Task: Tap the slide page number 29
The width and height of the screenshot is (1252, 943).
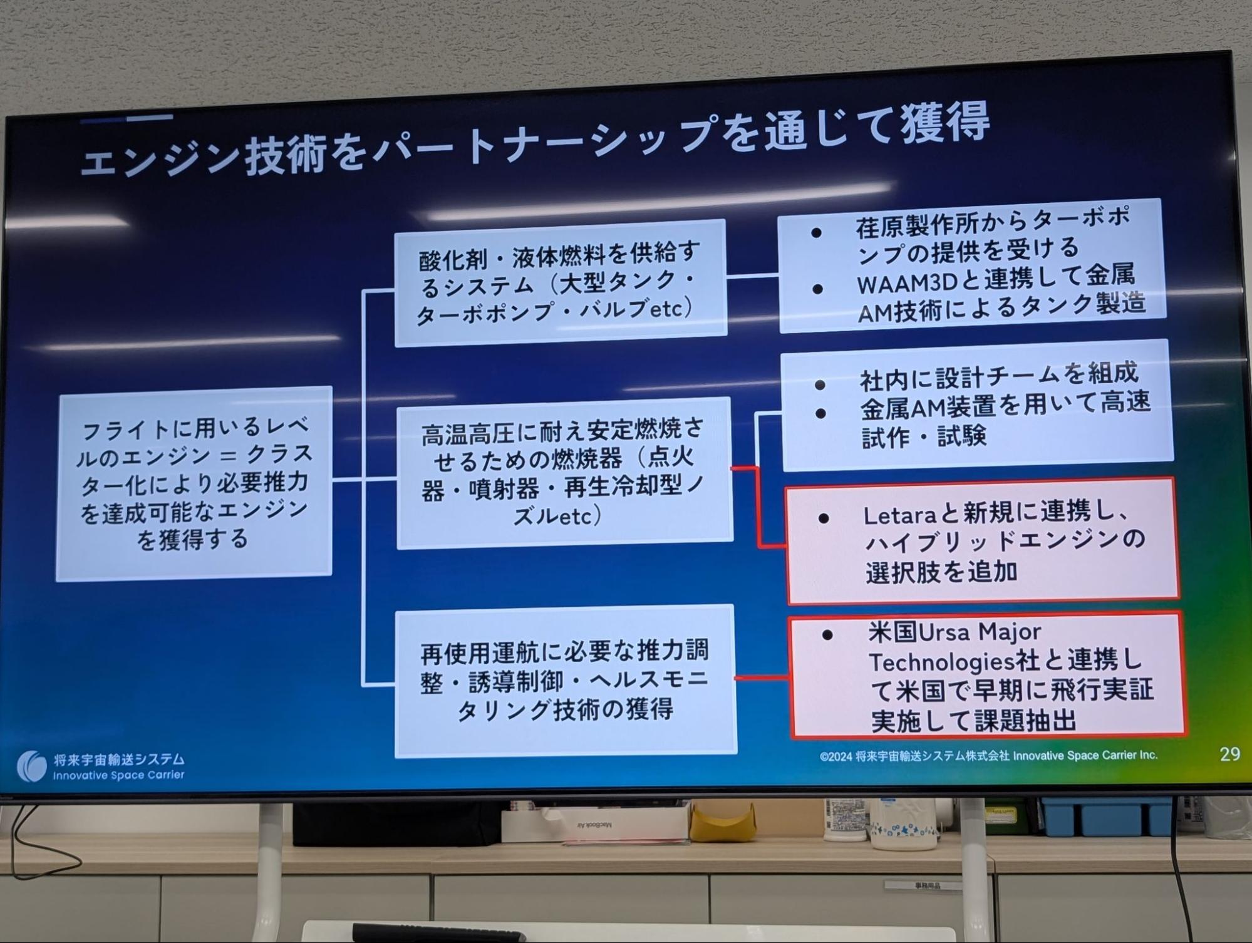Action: click(x=1230, y=754)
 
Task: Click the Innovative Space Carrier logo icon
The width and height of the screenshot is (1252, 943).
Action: click(x=31, y=766)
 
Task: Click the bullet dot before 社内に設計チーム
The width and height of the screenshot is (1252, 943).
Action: click(x=820, y=384)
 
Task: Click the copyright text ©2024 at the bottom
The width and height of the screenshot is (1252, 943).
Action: click(x=836, y=756)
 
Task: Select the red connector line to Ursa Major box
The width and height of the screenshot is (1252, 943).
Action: click(x=762, y=678)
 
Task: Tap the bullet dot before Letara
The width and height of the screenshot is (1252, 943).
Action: click(x=824, y=518)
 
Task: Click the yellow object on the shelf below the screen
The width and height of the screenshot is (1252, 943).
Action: click(x=723, y=821)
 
